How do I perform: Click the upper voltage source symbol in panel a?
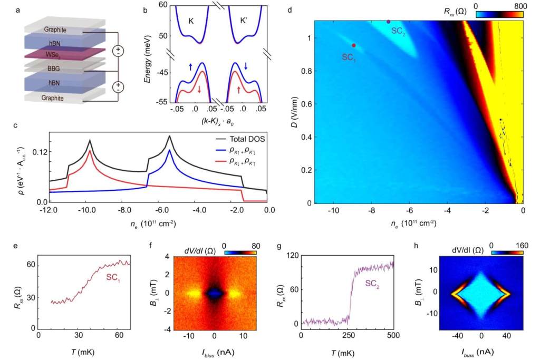pyautogui.click(x=119, y=52)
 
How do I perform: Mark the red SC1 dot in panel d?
pyautogui.click(x=354, y=45)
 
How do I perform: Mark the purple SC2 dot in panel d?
pyautogui.click(x=389, y=22)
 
